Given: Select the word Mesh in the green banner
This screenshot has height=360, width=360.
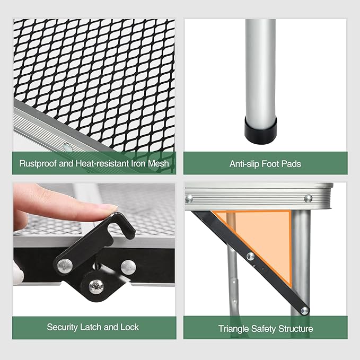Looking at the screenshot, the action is [159, 163].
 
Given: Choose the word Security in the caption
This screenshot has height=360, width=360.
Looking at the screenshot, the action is [62, 327].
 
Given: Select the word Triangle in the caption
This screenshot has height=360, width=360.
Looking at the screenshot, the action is [233, 329].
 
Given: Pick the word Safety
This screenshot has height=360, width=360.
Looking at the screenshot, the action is [264, 329].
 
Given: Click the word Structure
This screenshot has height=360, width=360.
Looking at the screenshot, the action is [296, 329].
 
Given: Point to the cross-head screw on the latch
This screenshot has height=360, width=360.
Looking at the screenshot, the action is [96, 286].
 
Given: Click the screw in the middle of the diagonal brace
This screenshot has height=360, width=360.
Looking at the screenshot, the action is [250, 256].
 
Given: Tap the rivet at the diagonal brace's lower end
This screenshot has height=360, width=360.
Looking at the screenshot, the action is [305, 311].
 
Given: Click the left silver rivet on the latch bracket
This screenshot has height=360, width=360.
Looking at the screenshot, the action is [65, 266].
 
